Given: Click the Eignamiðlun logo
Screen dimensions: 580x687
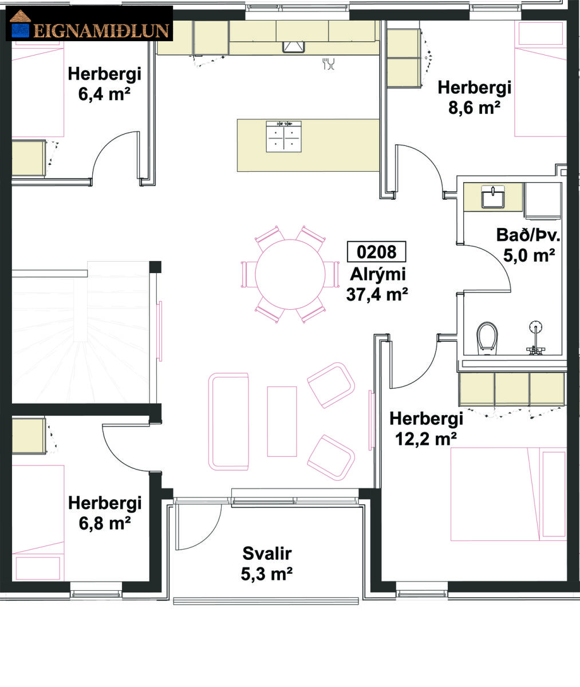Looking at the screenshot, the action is pyautogui.click(x=89, y=23).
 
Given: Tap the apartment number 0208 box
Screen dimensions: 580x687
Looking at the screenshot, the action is pyautogui.click(x=377, y=252).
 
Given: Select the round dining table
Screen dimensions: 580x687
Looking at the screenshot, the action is pyautogui.click(x=290, y=274).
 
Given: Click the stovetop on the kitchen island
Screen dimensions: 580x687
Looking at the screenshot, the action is pyautogui.click(x=284, y=137).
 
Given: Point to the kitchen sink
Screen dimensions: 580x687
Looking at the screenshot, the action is pyautogui.click(x=294, y=47).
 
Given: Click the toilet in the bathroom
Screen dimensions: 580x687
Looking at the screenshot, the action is pyautogui.click(x=487, y=338).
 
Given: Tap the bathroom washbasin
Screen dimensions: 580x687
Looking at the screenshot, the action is pyautogui.click(x=493, y=197).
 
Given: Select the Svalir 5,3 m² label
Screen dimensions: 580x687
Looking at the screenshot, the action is pyautogui.click(x=267, y=564).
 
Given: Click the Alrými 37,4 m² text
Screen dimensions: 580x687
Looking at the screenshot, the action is pyautogui.click(x=377, y=285).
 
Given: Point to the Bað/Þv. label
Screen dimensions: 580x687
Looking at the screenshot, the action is pyautogui.click(x=528, y=235).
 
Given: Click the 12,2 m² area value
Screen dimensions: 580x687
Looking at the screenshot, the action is pyautogui.click(x=426, y=439).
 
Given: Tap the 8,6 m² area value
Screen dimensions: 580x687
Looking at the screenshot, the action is pyautogui.click(x=474, y=107).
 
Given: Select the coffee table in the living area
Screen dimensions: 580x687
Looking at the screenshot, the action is pyautogui.click(x=282, y=421).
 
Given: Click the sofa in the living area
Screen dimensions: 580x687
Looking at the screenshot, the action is pyautogui.click(x=228, y=421).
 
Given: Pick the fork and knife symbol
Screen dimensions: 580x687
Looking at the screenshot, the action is pyautogui.click(x=328, y=64).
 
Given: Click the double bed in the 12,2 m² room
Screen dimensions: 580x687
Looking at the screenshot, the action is pyautogui.click(x=508, y=494).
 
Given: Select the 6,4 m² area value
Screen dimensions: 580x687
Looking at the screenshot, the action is pyautogui.click(x=104, y=94).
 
